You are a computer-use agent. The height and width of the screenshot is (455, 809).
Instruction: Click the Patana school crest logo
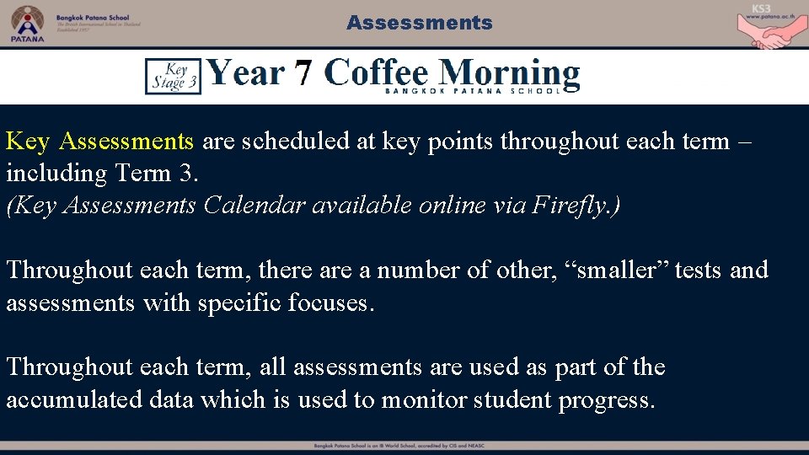pyautogui.click(x=26, y=22)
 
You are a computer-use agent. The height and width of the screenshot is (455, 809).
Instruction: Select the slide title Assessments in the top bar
pyautogui.click(x=419, y=23)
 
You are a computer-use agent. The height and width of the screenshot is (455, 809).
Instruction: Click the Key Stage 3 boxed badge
pyautogui.click(x=173, y=76)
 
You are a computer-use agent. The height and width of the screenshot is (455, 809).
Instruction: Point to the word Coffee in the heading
pyautogui.click(x=377, y=72)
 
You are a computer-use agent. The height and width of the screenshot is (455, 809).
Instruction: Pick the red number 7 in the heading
pyautogui.click(x=304, y=74)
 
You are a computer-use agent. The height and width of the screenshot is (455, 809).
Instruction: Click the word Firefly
pyautogui.click(x=572, y=205)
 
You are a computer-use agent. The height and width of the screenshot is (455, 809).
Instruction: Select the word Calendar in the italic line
pyautogui.click(x=254, y=205)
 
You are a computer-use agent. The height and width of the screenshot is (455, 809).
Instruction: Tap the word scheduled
pyautogui.click(x=296, y=141)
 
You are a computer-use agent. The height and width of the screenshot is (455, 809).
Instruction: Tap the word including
pyautogui.click(x=46, y=173)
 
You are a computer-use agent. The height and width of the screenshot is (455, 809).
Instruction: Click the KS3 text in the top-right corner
pyautogui.click(x=762, y=8)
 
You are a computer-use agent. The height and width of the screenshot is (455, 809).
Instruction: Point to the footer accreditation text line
pyautogui.click(x=404, y=445)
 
